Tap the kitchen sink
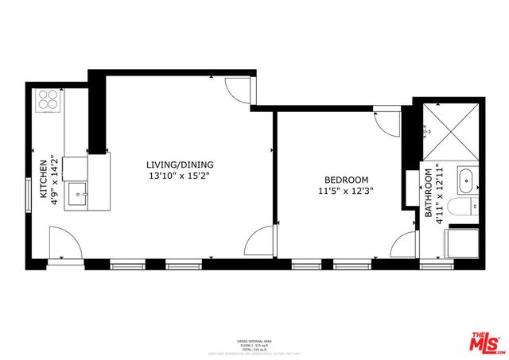point(77,192)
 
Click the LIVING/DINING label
point(181,165)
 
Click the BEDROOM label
point(346,180)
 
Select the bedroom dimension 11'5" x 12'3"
point(346,191)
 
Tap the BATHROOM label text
point(428,193)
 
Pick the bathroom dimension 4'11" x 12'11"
point(439,193)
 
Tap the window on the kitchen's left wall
point(29,191)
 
